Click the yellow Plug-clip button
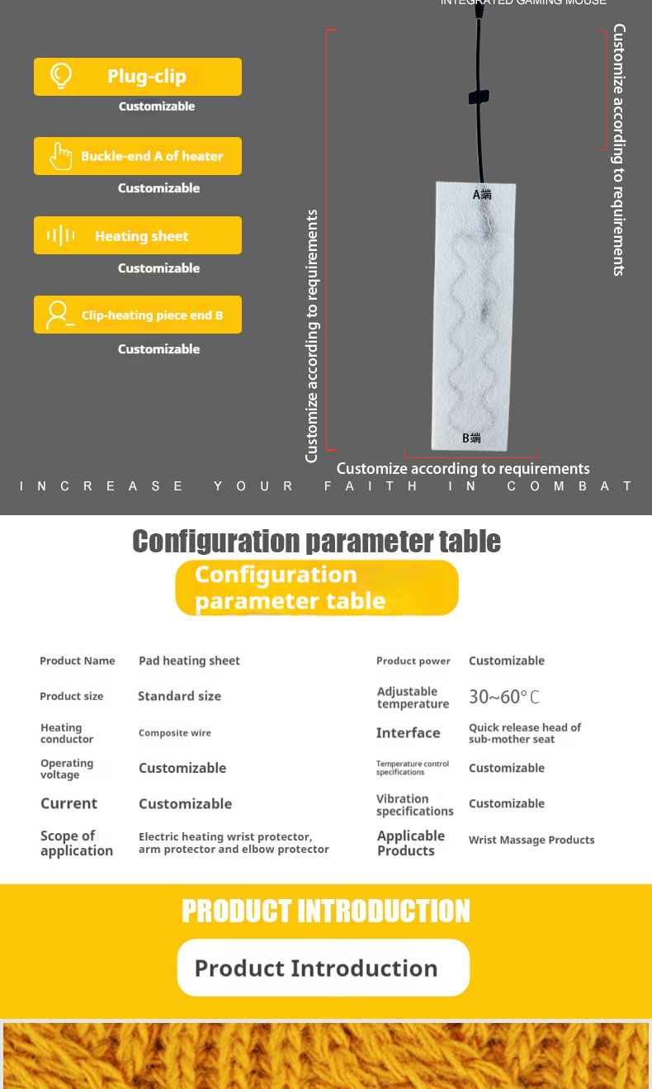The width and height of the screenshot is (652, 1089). (x=138, y=77)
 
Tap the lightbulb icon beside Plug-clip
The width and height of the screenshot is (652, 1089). (x=61, y=76)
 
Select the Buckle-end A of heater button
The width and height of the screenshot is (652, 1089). (x=138, y=156)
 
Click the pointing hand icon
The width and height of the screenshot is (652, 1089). (x=60, y=156)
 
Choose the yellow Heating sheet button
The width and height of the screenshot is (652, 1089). (x=138, y=236)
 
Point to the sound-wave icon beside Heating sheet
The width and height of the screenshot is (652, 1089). (x=61, y=236)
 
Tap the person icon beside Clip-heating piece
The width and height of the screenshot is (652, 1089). (x=59, y=315)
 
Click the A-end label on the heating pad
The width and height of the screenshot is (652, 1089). (x=482, y=195)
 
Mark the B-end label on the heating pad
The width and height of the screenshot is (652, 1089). (x=471, y=438)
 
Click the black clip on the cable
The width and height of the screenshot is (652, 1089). (x=479, y=97)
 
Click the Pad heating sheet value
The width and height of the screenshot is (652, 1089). (x=189, y=661)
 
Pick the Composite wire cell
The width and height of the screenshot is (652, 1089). (x=175, y=732)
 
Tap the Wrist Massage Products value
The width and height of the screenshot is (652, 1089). (x=532, y=840)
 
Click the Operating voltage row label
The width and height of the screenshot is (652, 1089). (x=67, y=769)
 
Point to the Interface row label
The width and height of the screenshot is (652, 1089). (x=408, y=733)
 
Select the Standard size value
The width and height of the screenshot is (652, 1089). (x=179, y=696)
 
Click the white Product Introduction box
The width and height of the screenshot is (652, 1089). (x=323, y=968)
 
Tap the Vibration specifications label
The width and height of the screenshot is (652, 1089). (x=414, y=805)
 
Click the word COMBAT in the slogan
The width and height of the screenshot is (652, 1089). (x=570, y=486)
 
